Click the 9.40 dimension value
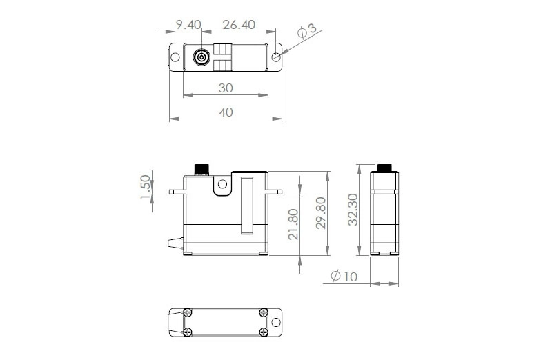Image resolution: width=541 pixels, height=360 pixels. tap(188, 25)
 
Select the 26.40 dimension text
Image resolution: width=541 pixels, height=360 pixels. tap(238, 25)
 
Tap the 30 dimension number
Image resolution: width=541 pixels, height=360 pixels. tap(225, 88)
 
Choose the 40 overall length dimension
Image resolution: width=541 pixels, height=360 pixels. tap(225, 112)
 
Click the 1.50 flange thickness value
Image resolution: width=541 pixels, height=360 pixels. tap(146, 187)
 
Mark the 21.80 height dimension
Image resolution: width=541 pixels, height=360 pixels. tap(294, 224)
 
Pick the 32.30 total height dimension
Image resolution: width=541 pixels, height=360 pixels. tap(353, 209)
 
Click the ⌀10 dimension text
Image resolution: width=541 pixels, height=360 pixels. tap(343, 277)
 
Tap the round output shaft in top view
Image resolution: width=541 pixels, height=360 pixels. tap(201, 57)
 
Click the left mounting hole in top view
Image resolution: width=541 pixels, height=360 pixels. tap(175, 57)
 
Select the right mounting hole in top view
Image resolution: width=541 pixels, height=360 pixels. tap(275, 57)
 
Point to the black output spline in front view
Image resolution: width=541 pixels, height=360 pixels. tap(201, 169)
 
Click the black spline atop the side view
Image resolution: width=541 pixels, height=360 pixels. tap(384, 168)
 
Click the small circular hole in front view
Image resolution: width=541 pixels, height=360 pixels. tap(222, 184)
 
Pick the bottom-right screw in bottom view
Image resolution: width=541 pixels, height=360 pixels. tap(263, 333)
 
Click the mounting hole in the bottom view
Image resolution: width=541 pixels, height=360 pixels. tap(275, 323)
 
